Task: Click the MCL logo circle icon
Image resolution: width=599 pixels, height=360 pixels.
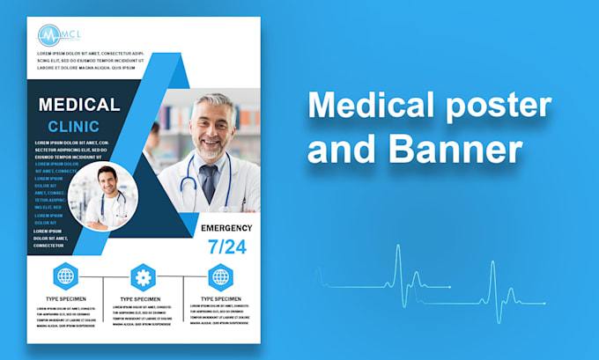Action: tap(48, 35)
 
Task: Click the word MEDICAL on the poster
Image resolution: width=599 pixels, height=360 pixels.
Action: tap(79, 105)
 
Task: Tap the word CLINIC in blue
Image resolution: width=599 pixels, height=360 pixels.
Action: tap(79, 126)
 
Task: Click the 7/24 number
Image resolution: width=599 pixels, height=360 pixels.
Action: tap(227, 247)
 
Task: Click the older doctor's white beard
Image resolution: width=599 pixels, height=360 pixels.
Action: tap(210, 150)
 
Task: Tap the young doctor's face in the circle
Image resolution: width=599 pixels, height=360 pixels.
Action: tap(107, 182)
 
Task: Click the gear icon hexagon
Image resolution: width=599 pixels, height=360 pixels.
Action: tap(143, 276)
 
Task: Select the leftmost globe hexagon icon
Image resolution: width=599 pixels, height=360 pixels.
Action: tap(65, 276)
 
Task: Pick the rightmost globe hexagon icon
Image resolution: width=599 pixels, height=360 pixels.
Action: tap(220, 276)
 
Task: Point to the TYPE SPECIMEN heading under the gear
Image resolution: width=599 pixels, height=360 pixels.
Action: tap(143, 299)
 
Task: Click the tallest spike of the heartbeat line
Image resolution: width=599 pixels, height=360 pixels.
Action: tap(397, 264)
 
